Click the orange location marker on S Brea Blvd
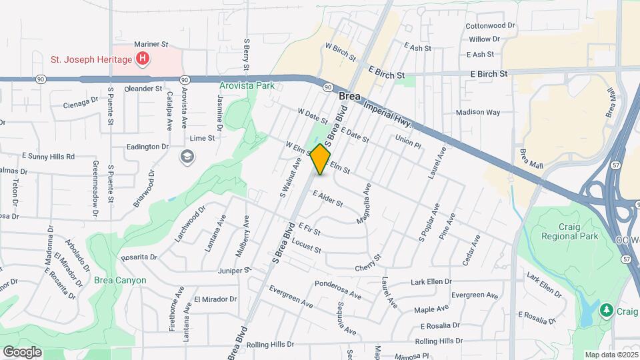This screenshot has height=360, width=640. pos(321,159)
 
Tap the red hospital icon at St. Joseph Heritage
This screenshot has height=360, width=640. pos(142,60)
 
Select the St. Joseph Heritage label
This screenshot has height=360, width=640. pos(91,60)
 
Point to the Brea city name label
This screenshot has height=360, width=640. pos(350,97)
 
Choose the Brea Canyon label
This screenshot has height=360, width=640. pos(120,280)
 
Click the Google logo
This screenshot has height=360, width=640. pos(22,352)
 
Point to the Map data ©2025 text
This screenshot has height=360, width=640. pos(610,355)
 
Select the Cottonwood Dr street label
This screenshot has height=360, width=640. pos(491,25)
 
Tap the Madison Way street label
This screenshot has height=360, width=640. pos(477,113)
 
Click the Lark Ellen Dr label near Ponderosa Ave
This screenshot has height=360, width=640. pos(431,281)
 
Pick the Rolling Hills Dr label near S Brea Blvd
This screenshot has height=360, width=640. pos(270,345)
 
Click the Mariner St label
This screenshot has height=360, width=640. pos(151,44)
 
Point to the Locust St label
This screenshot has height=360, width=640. pos(306,245)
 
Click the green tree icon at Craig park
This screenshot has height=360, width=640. pos(606,309)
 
